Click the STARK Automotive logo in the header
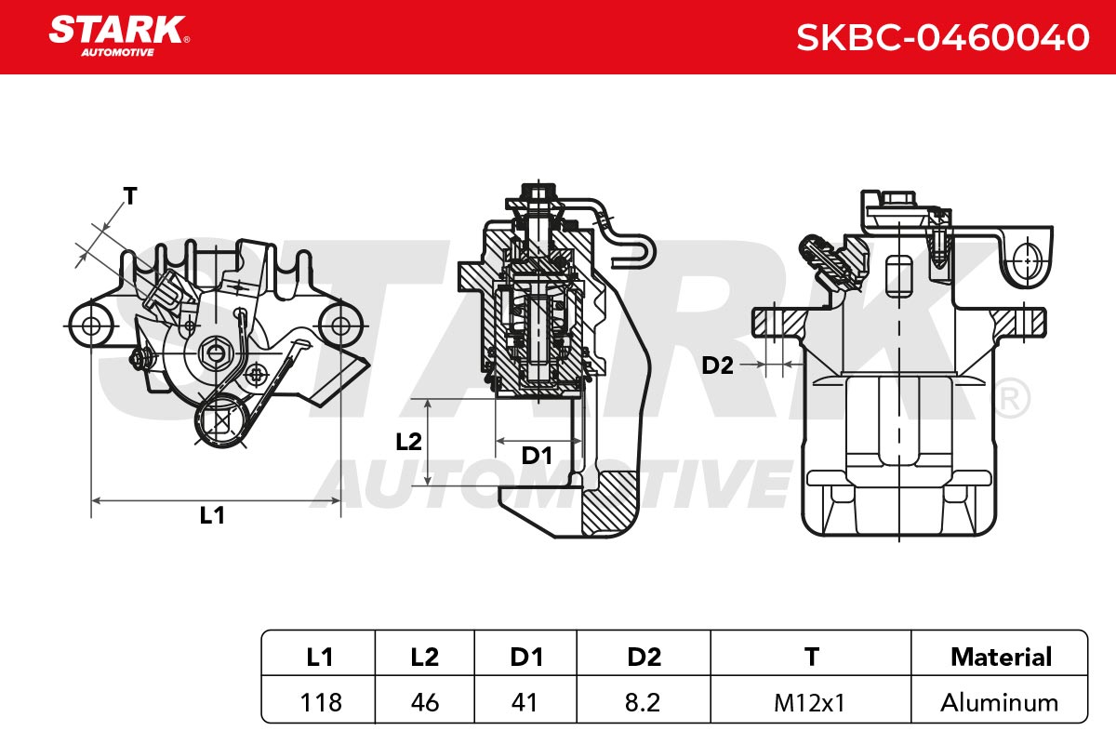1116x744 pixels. pos(119,36)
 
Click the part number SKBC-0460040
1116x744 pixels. pos(943,37)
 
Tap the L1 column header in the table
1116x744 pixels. pos(319,657)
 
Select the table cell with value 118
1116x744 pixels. pos(320,703)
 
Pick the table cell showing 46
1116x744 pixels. pos(425,703)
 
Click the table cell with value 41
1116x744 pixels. pos(525,703)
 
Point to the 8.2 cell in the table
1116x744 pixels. pos(643,703)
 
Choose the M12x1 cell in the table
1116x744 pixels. pos(810,703)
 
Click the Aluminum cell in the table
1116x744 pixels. pos(999,703)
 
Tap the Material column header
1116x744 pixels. pos(1001,657)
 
